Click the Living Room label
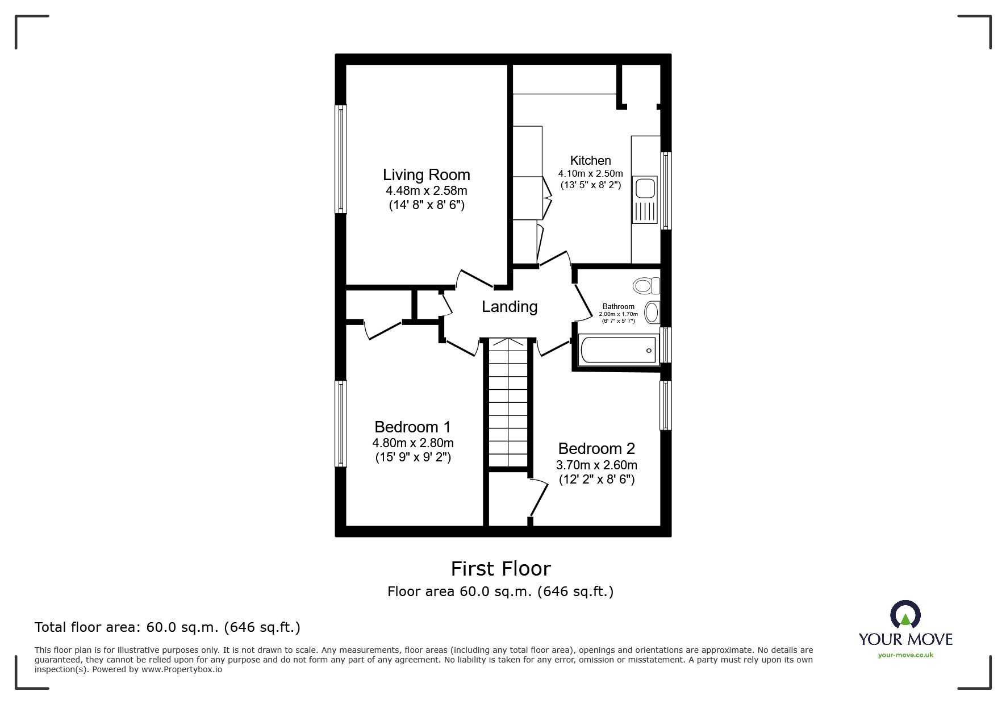coord(426,175)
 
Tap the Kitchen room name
coord(590,161)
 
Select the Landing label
coord(509,307)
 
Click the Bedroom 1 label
coord(412,427)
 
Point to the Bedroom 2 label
coord(596,449)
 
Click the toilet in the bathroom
coord(646,285)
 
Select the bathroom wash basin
coord(652,313)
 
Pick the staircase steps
coord(508,403)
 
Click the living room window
coord(341,159)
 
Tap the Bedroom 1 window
coord(341,423)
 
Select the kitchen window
coord(666,190)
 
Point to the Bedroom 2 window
coord(665,405)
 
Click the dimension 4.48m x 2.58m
coord(426,191)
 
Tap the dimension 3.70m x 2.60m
coord(596,465)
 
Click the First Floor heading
coord(500,569)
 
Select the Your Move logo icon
coord(905,615)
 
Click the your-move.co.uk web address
coord(905,655)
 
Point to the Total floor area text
coord(168,627)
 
